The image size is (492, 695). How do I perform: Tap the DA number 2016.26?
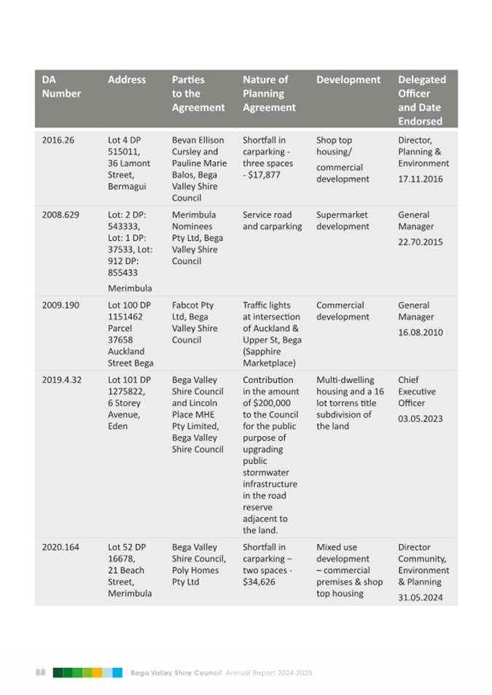58,140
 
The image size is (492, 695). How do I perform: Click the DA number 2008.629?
60,215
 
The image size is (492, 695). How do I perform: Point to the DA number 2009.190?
60,306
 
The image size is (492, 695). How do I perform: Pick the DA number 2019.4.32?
63,380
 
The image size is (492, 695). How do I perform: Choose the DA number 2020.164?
60,547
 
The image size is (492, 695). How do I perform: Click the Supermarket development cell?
343,221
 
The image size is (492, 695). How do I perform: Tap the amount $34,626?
259,582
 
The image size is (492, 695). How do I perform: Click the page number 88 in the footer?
41,672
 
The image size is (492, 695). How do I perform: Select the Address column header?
127,80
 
